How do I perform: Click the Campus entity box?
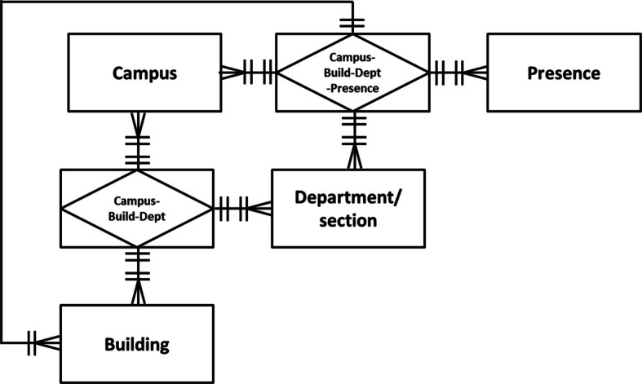pos(144,73)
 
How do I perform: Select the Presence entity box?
pos(563,73)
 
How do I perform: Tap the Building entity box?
pos(137,343)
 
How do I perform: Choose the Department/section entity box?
pos(348,208)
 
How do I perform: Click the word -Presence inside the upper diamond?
pos(352,88)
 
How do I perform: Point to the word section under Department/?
pos(348,221)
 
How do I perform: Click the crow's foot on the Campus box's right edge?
pos(231,73)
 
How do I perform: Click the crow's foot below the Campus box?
pos(137,123)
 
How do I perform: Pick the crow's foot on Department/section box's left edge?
pos(261,208)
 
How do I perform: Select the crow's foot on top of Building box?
pos(137,294)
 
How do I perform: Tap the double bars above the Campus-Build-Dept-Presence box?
pos(352,22)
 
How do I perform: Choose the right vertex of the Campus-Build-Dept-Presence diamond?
pos(427,73)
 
